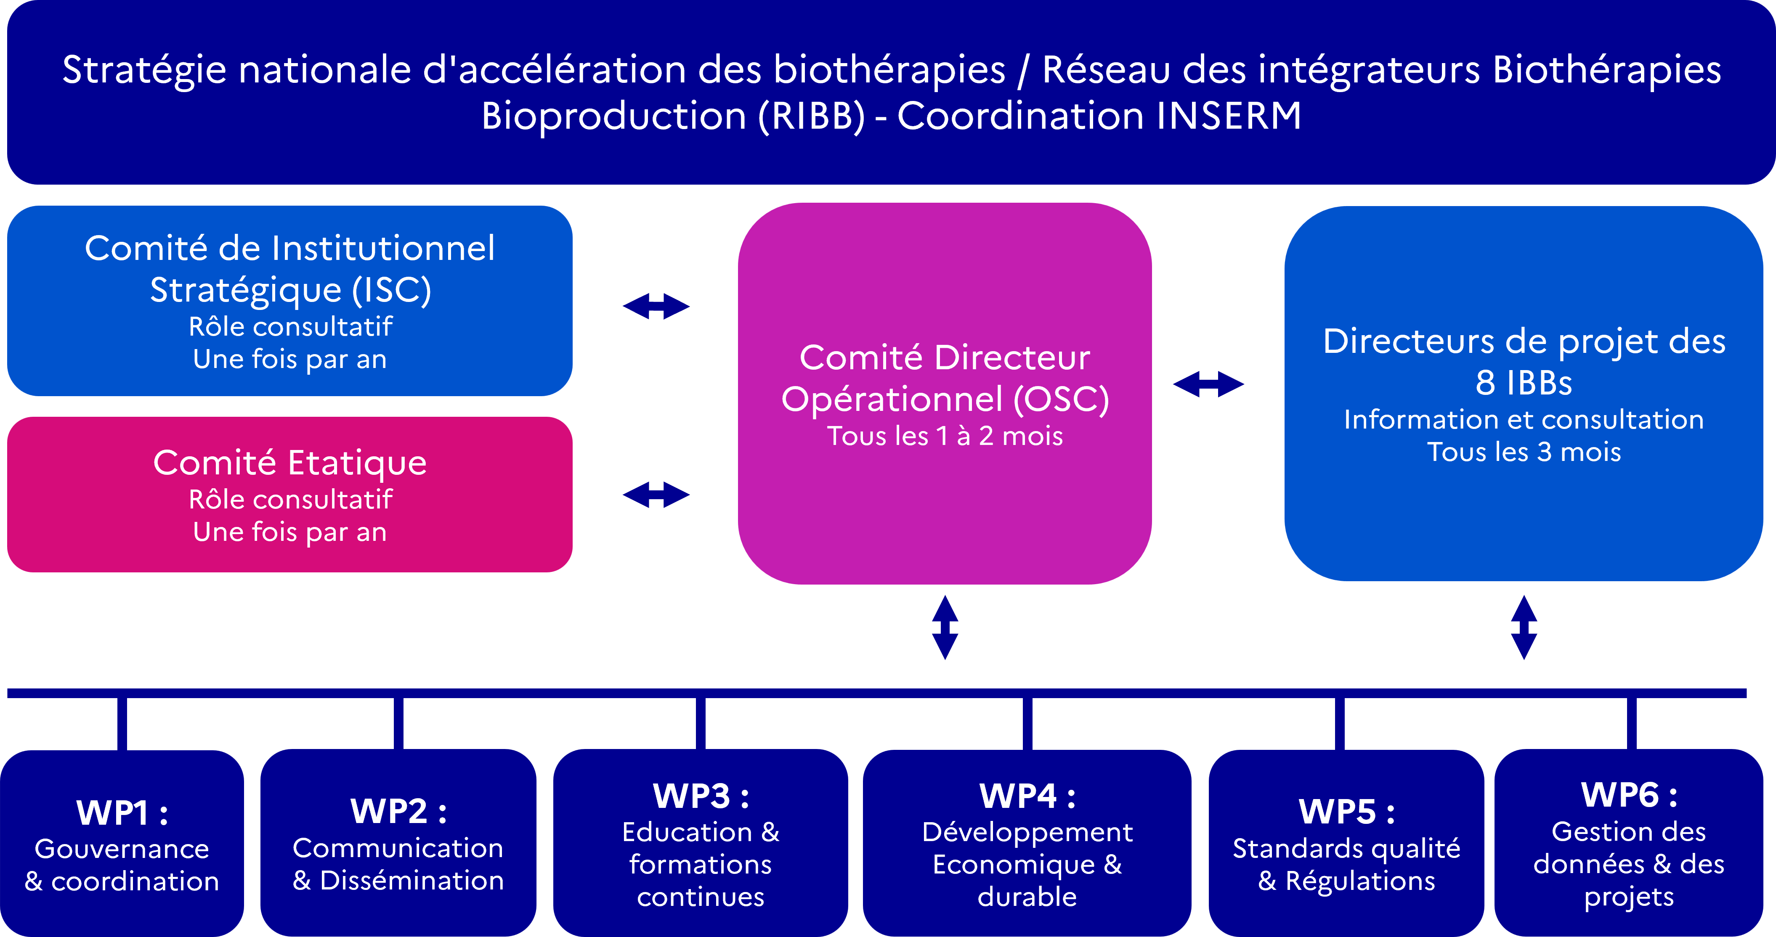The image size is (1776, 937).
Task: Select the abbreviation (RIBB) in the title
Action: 811,116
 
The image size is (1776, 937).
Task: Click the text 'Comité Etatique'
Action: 289,462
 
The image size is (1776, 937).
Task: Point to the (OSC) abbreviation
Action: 1061,399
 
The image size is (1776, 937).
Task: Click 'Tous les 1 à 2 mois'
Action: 945,436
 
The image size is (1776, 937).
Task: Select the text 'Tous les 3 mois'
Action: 1524,452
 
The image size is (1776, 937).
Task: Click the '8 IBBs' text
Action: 1524,383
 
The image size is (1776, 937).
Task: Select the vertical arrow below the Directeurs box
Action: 1524,627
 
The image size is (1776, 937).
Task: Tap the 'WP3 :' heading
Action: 701,797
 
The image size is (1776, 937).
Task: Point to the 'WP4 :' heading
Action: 1027,797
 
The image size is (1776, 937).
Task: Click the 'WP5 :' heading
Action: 1346,812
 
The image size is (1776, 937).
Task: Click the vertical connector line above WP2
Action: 398,723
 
